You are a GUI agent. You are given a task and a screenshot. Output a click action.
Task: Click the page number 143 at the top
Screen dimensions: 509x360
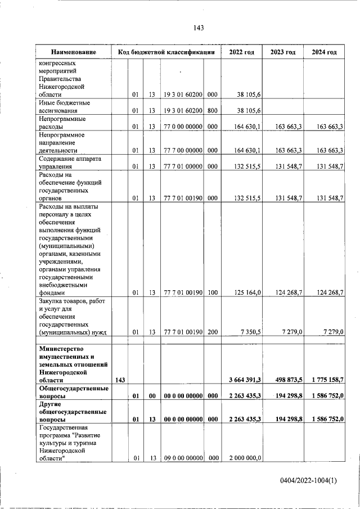point(197,28)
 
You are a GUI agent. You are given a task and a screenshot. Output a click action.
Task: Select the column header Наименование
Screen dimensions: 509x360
point(73,52)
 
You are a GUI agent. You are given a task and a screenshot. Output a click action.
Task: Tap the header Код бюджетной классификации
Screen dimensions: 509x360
point(166,52)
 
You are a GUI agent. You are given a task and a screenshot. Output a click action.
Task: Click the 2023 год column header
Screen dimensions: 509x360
point(282,52)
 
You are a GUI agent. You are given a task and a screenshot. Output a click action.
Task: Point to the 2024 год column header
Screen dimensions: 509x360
point(324,52)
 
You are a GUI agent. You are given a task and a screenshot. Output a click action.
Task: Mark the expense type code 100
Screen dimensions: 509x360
point(212,292)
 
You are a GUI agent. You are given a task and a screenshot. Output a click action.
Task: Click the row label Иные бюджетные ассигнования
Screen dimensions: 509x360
point(64,107)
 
